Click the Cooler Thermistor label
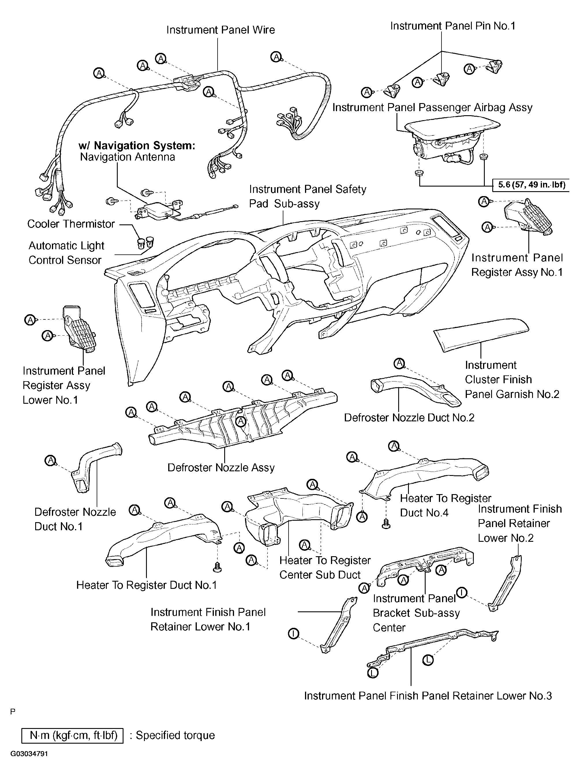[x=71, y=224]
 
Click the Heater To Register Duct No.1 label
[x=146, y=585]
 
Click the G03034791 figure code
[x=29, y=754]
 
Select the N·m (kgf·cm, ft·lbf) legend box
[x=72, y=736]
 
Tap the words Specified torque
[x=175, y=736]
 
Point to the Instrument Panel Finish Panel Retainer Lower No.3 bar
[x=433, y=649]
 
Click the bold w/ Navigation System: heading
[x=136, y=146]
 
